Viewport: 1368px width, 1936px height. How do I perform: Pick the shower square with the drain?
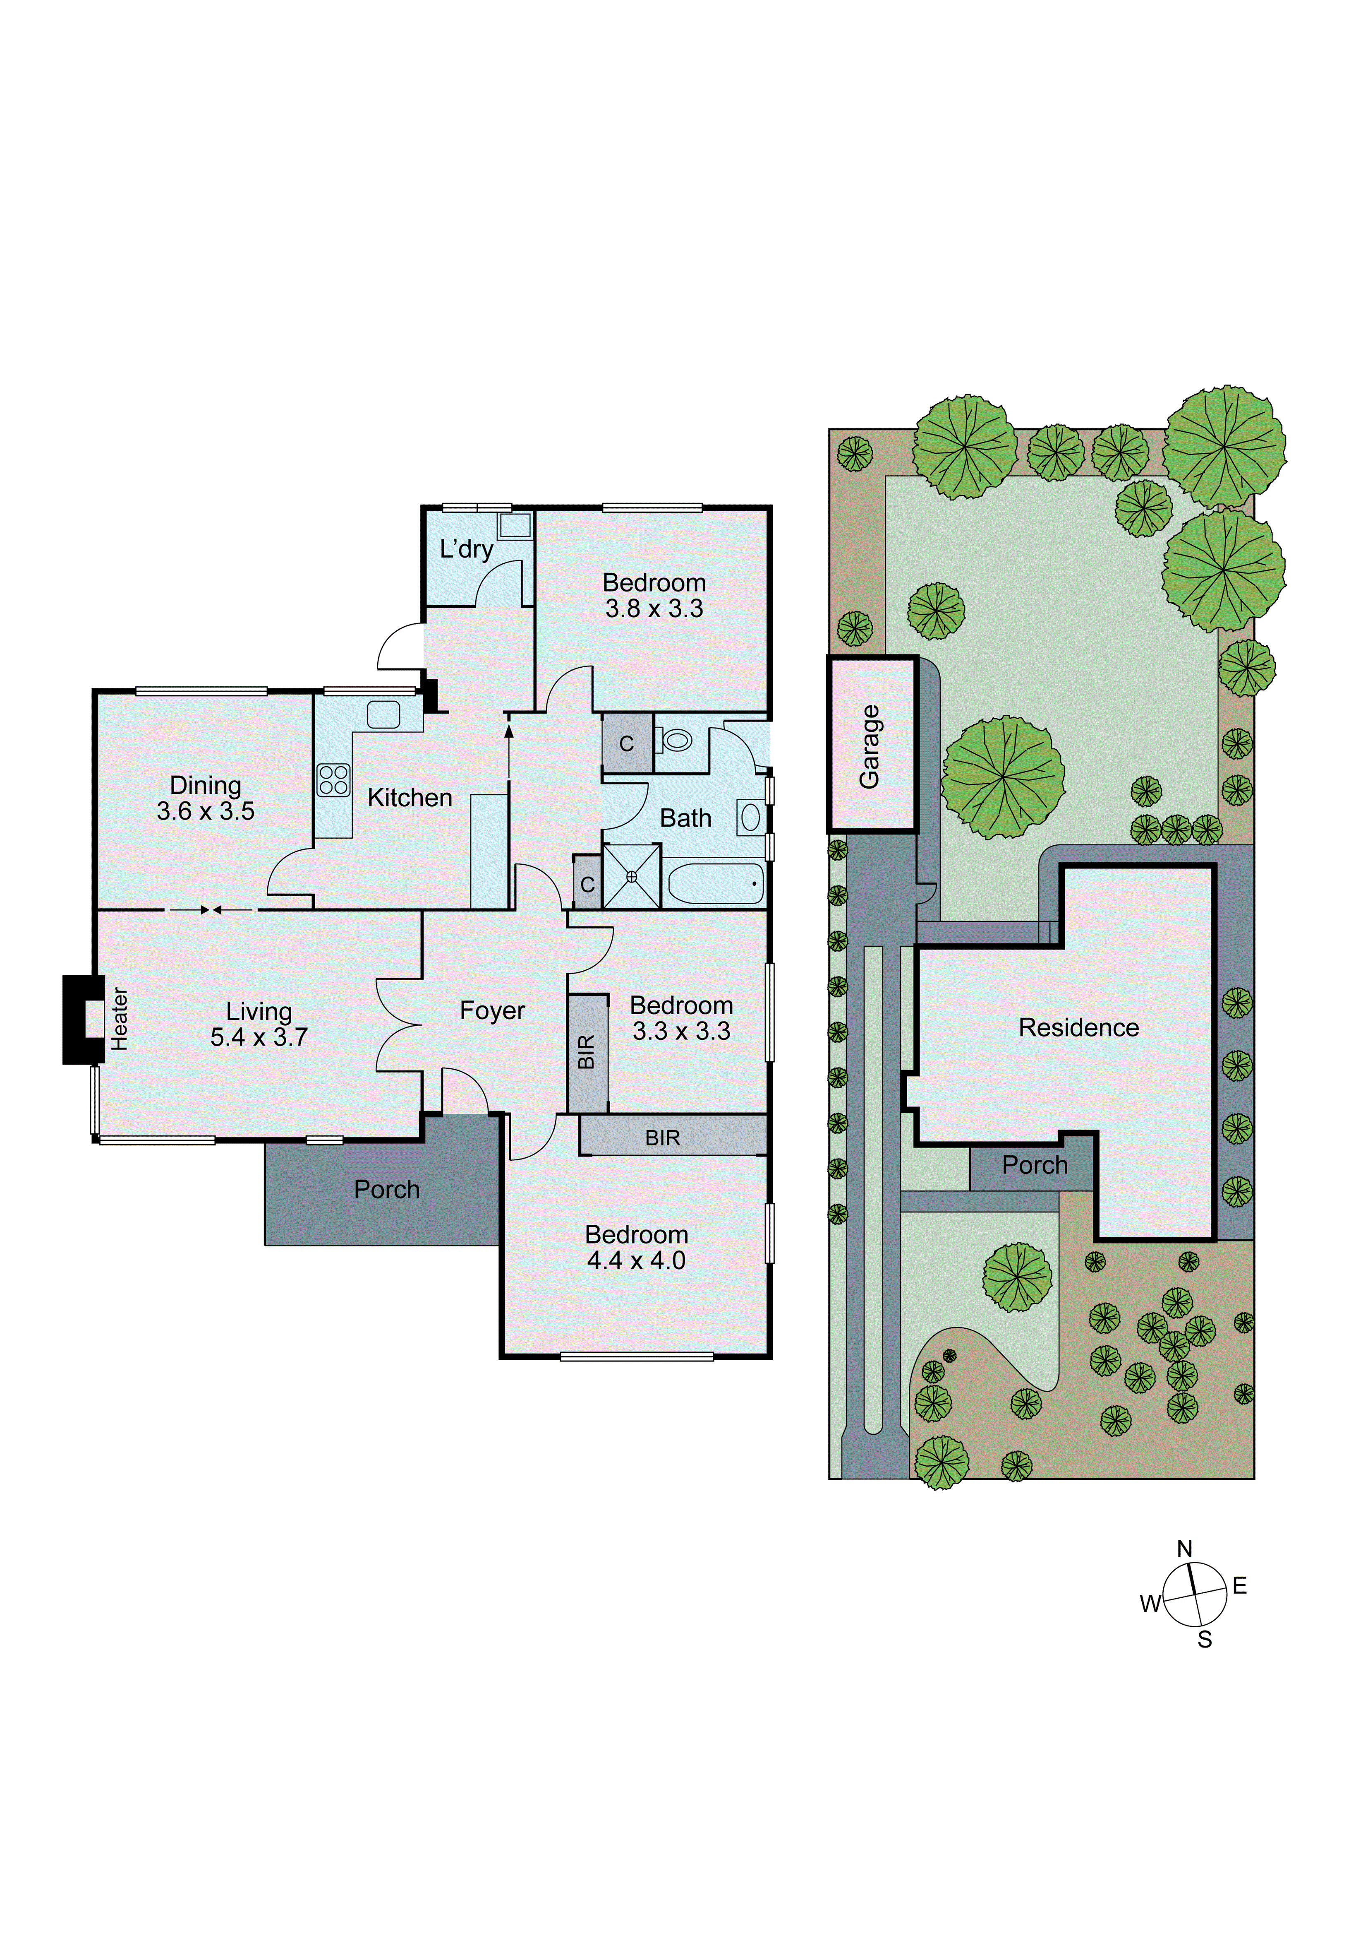coord(631,876)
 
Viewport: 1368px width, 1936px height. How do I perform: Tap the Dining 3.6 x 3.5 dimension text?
coord(206,811)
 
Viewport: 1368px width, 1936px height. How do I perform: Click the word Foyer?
coord(492,1010)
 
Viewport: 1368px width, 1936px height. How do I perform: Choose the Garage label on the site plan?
coord(870,746)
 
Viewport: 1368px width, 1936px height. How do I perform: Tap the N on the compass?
coord(1184,1548)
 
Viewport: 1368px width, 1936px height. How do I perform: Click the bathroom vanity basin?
coord(750,817)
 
